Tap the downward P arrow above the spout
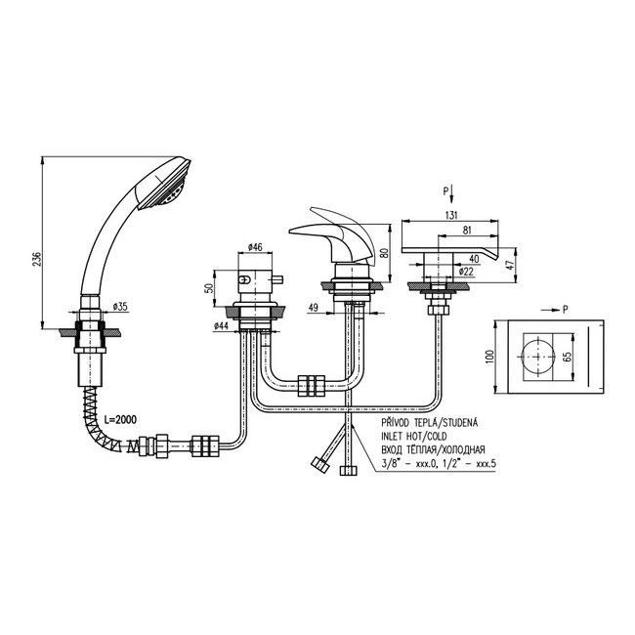449,195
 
